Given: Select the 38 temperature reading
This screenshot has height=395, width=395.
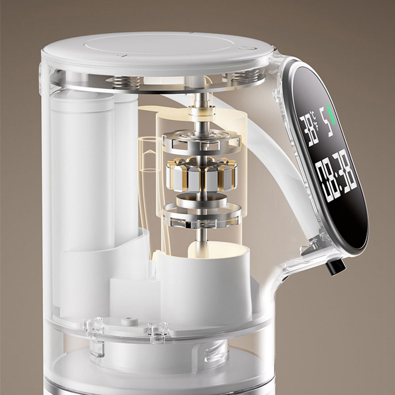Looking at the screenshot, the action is (309, 130).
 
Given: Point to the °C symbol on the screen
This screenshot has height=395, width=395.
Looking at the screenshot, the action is (313, 115).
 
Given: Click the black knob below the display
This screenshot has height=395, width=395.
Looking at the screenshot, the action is (335, 266).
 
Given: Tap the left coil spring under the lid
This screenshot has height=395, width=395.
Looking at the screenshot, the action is (126, 82).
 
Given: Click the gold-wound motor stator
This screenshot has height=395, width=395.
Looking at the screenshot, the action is (202, 174).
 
